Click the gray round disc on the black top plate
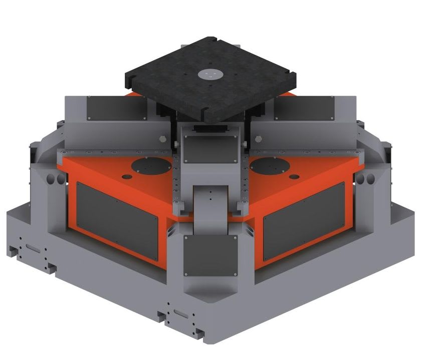[x=209, y=75]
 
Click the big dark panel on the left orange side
[x=117, y=218]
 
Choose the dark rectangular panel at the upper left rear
[x=116, y=107]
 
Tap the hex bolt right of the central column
[x=258, y=138]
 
